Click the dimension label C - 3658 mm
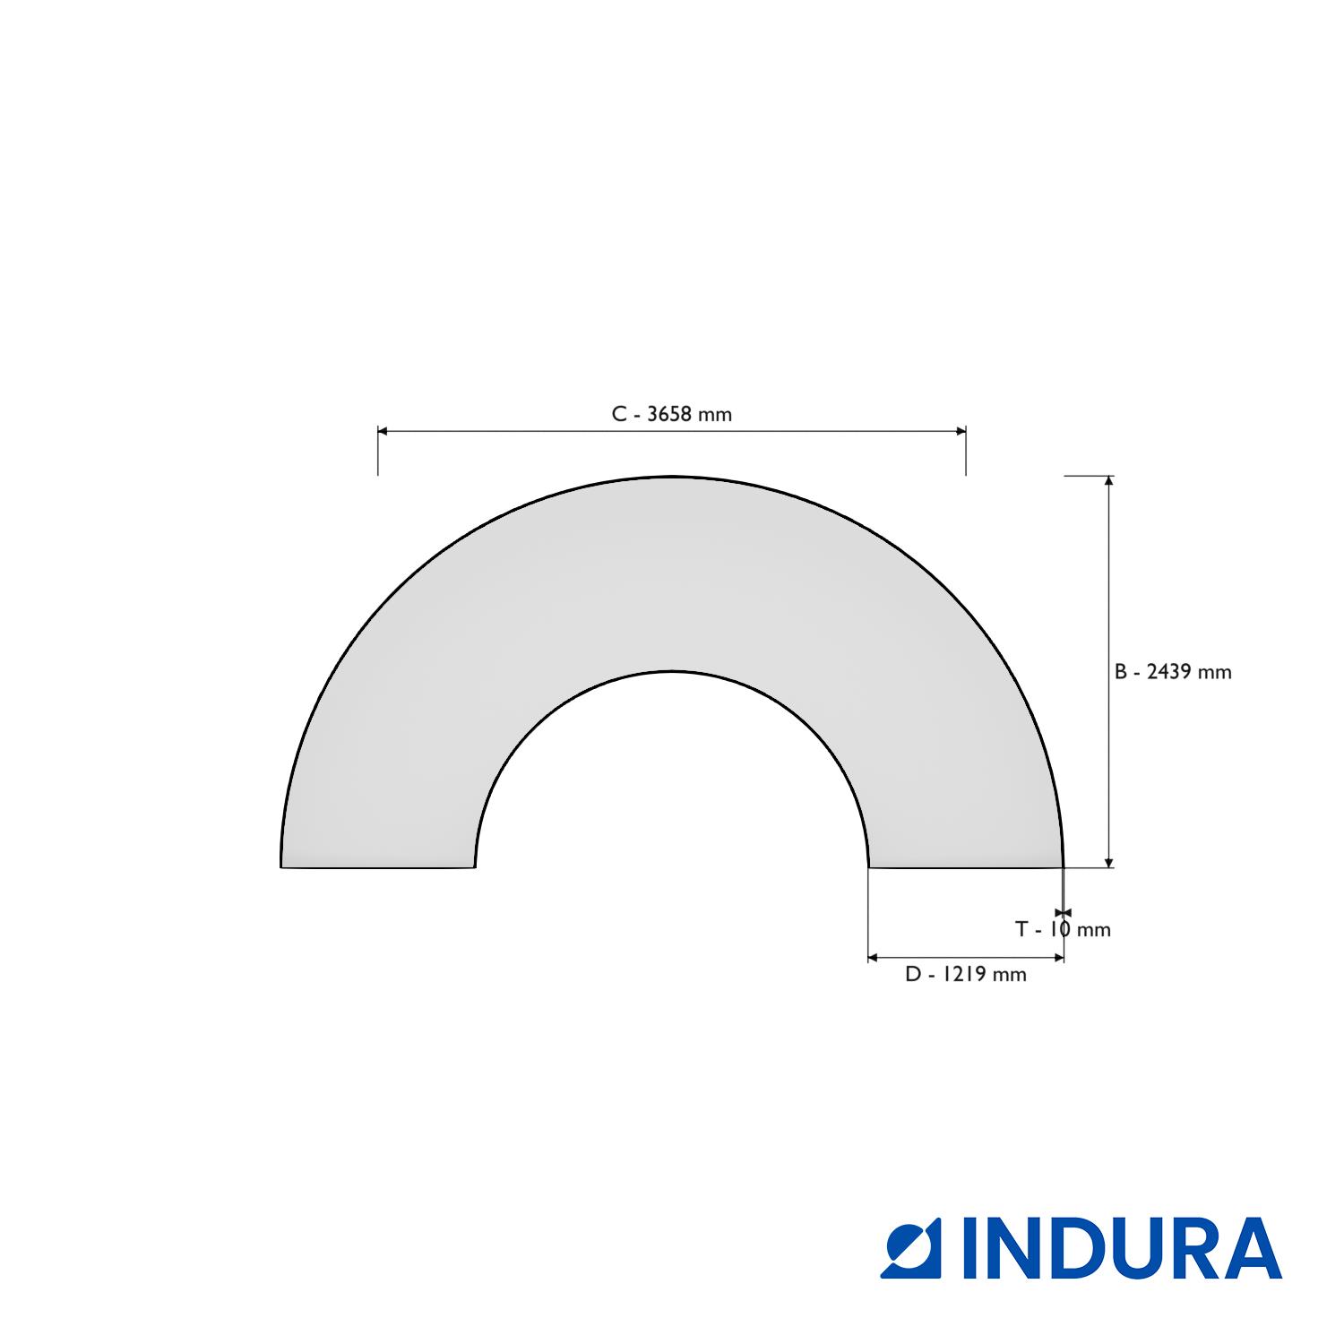(x=672, y=414)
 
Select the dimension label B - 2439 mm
(x=1173, y=672)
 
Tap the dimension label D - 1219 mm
(x=966, y=974)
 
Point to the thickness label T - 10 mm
(x=1063, y=929)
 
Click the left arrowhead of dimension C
(x=383, y=431)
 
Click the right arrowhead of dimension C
(x=961, y=431)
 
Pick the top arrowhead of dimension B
(x=1109, y=481)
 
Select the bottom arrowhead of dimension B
(x=1109, y=862)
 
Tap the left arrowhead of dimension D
(x=874, y=958)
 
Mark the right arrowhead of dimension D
(x=1058, y=958)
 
